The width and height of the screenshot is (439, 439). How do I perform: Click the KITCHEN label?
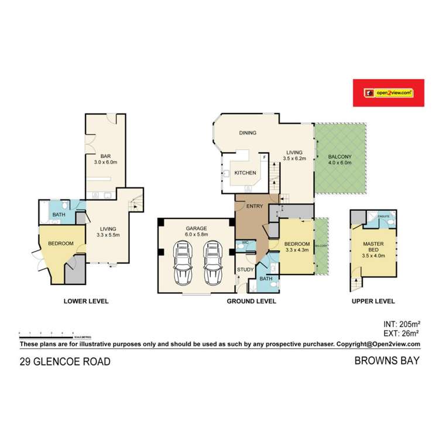[245, 173]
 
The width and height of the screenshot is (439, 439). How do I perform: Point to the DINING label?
[248, 133]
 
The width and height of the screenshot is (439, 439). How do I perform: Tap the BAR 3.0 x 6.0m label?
[106, 159]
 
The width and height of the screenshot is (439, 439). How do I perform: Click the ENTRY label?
[254, 206]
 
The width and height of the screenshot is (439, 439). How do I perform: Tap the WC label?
[246, 242]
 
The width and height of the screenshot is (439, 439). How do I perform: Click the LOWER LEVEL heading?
[85, 301]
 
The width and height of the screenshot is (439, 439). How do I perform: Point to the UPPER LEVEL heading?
[373, 301]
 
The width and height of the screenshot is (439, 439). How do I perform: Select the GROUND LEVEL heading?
[251, 301]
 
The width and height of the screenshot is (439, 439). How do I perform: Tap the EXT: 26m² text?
[397, 334]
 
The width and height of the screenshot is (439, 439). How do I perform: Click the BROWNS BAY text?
[387, 361]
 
